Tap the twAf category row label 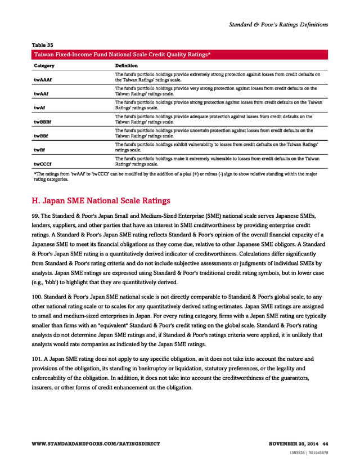tap(40, 107)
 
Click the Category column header tap(44, 66)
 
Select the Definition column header tap(127, 66)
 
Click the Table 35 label tap(43, 44)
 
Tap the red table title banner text tap(123, 55)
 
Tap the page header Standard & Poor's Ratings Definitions tap(278, 25)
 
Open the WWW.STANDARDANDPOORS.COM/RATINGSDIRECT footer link tap(96, 444)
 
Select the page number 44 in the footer tap(325, 444)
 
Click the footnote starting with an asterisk tap(174, 177)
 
